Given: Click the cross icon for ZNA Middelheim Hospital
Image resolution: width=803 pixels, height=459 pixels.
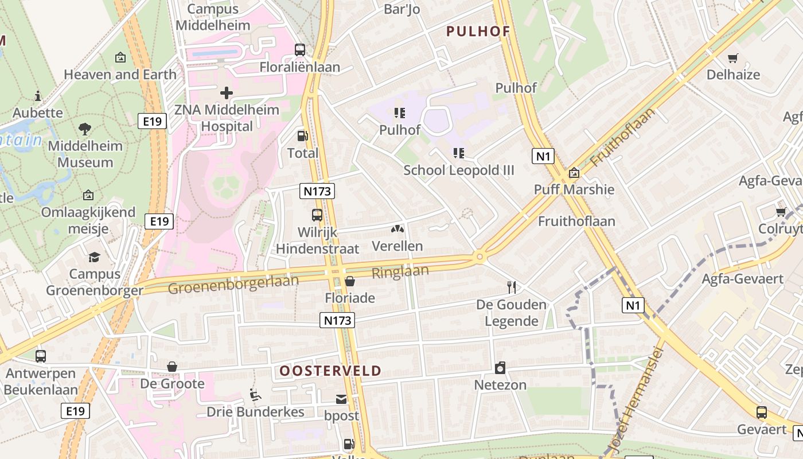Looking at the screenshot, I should pyautogui.click(x=227, y=92).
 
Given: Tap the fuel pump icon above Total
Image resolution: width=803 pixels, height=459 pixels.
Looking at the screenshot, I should pyautogui.click(x=302, y=136).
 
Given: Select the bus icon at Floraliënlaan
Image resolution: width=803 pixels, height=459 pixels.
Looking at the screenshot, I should pyautogui.click(x=300, y=50).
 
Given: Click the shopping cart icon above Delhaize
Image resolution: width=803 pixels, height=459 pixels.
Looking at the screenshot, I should pyautogui.click(x=732, y=58).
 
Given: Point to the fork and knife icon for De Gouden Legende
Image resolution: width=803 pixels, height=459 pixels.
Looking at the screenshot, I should pyautogui.click(x=512, y=287).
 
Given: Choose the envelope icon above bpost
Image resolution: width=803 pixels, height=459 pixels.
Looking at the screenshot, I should pyautogui.click(x=341, y=399).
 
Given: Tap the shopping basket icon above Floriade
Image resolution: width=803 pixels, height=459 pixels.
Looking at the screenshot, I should pyautogui.click(x=349, y=281).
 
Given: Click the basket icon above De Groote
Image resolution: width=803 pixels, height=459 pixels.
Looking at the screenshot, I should pyautogui.click(x=172, y=367).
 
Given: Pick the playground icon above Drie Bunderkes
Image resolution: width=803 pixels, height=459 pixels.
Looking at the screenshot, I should pyautogui.click(x=255, y=395).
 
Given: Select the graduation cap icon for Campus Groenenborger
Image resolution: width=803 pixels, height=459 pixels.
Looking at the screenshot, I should pyautogui.click(x=95, y=257).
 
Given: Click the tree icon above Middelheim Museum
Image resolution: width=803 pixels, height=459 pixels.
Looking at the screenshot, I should pyautogui.click(x=85, y=129).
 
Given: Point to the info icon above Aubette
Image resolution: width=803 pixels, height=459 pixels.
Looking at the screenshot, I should pyautogui.click(x=38, y=95).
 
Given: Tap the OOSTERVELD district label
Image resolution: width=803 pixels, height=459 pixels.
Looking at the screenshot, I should pyautogui.click(x=330, y=371).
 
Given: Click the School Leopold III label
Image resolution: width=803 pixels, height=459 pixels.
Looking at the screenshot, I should pyautogui.click(x=459, y=170).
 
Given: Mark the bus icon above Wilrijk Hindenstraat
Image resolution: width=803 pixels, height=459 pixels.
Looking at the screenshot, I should pyautogui.click(x=317, y=215).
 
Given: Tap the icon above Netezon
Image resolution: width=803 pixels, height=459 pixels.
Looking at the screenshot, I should pyautogui.click(x=500, y=368).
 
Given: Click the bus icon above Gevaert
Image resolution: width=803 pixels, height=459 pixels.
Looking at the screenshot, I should pyautogui.click(x=762, y=412).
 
